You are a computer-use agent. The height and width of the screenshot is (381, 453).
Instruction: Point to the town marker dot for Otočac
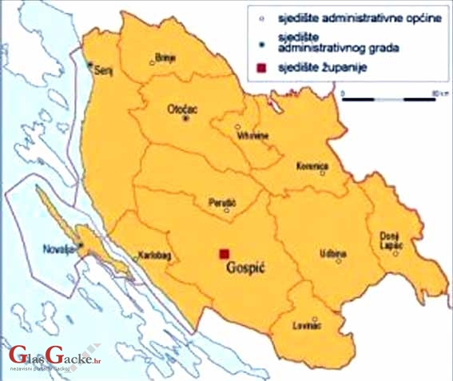click(x=186, y=118)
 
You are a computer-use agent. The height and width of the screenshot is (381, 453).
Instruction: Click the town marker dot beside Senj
click(x=90, y=64)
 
